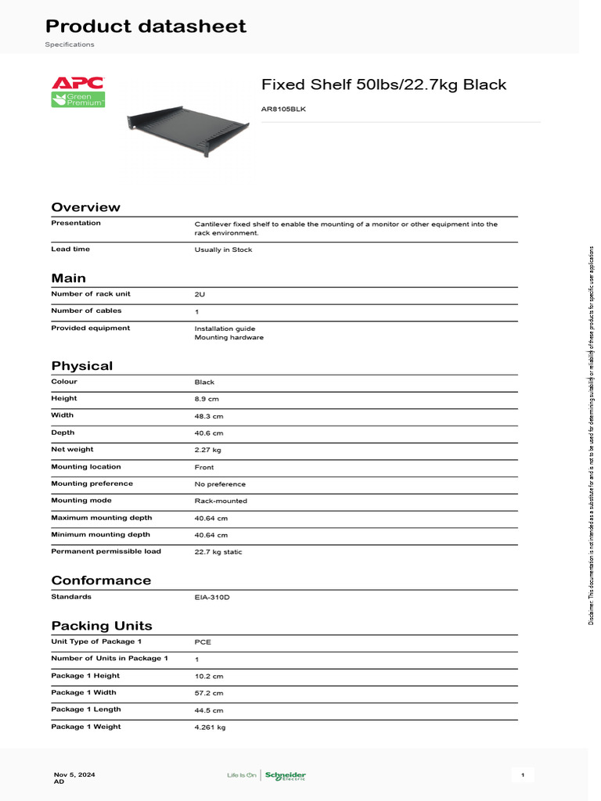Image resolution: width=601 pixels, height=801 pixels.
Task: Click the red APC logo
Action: pos(77,83)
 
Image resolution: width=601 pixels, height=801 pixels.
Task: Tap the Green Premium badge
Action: pos(77,99)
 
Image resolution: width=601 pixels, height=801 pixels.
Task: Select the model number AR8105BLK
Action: pos(283,110)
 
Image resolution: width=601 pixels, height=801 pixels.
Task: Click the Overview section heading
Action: pos(85,207)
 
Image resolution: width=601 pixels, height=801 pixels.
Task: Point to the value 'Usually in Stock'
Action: pos(223,250)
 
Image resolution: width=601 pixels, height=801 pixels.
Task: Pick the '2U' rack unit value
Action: pos(200,294)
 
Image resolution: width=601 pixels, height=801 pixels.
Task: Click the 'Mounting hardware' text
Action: pos(229,338)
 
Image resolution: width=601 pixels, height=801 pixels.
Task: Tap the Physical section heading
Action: pos(81,366)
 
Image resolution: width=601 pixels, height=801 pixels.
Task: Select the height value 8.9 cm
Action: pos(207,399)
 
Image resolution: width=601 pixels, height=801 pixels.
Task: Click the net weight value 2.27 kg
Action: pos(207,450)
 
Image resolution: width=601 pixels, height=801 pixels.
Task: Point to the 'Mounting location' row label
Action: pos(86,467)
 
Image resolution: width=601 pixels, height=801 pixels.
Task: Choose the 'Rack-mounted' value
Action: pos(221,501)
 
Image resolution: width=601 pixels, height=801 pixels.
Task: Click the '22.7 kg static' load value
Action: pos(218,552)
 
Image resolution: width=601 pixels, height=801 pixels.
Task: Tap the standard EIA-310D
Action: pos(212,598)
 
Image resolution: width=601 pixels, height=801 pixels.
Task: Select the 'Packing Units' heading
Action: pos(102,626)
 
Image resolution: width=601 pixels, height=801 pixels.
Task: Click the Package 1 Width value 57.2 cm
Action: pos(209,693)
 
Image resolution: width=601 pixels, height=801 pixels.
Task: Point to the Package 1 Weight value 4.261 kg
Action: pos(210,727)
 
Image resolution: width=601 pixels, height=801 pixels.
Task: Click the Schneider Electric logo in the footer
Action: pos(285,776)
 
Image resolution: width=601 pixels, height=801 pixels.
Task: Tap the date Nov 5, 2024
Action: pos(74,774)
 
